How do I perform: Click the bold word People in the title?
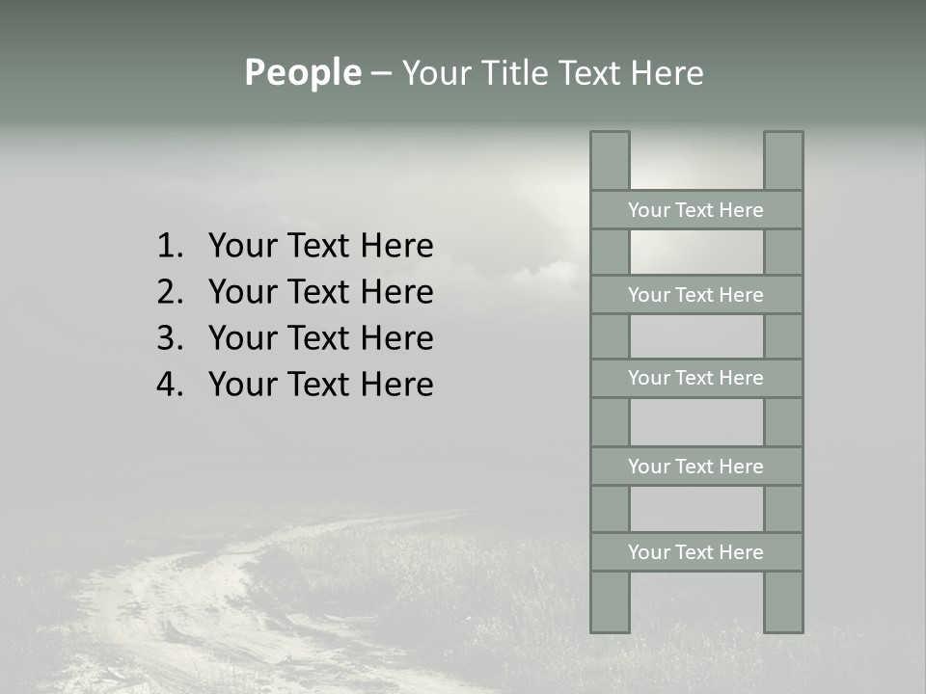tap(302, 73)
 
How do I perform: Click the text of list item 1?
tap(320, 247)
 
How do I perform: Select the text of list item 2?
tap(320, 292)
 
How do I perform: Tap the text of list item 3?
tap(320, 338)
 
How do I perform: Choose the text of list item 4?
tap(320, 385)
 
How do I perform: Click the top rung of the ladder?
tap(695, 210)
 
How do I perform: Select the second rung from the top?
tap(695, 295)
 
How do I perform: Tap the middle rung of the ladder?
tap(695, 378)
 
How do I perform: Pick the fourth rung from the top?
tap(695, 467)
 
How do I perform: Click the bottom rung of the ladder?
tap(695, 552)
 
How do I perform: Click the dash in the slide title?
tap(381, 74)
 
